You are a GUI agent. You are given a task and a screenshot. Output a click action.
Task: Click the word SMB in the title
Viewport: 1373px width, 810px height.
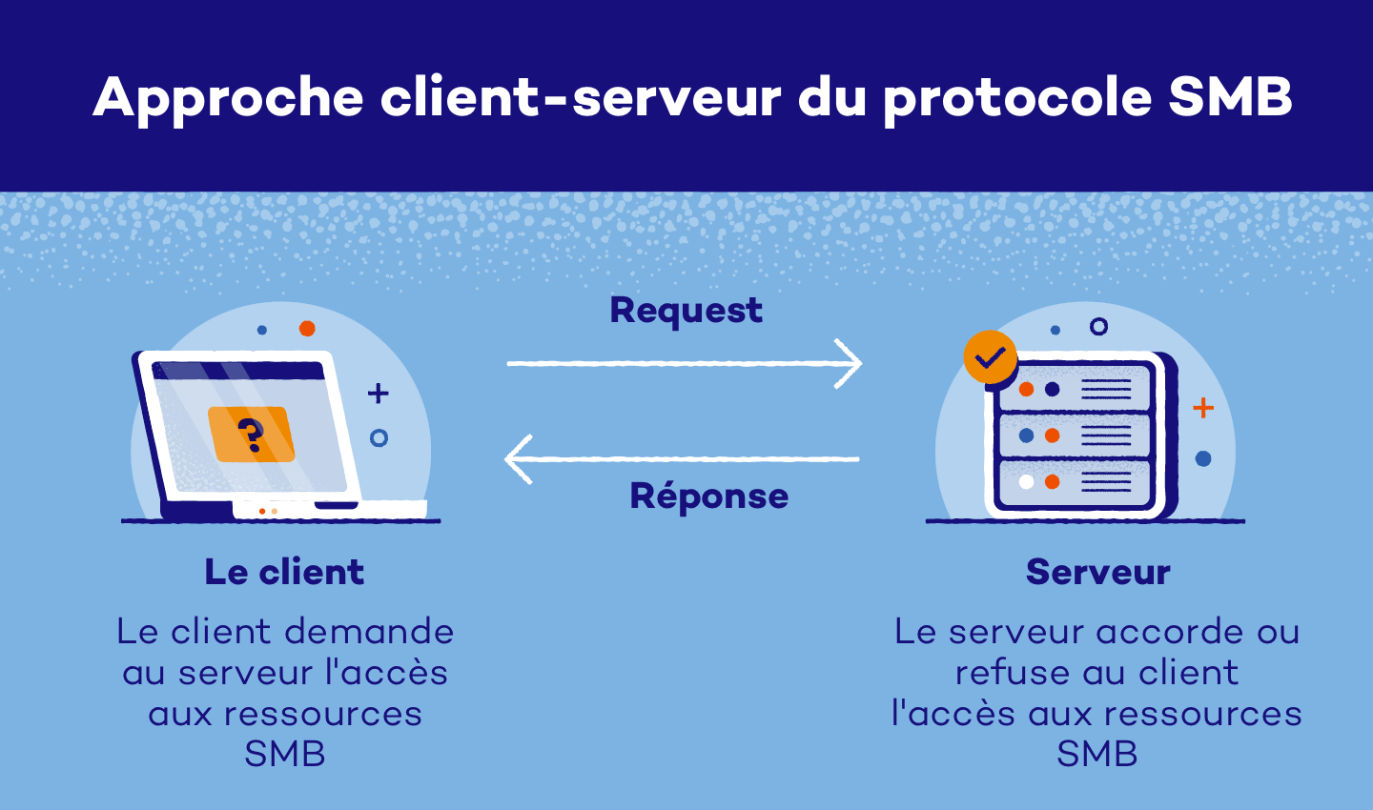tap(1230, 97)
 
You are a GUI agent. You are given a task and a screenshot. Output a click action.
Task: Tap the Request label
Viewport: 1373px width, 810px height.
tap(686, 311)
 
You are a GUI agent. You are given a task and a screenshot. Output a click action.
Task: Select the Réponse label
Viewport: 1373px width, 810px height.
tap(708, 496)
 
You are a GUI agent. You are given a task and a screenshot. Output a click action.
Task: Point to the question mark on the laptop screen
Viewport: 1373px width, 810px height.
tap(251, 435)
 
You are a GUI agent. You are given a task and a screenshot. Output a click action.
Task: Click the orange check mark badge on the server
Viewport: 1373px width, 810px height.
tap(990, 357)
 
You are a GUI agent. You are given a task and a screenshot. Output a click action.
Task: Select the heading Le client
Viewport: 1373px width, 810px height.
tap(284, 572)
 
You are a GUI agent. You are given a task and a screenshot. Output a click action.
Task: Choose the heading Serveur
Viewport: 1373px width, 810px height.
tap(1097, 572)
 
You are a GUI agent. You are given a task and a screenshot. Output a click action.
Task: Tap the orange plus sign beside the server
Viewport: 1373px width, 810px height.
tap(1203, 408)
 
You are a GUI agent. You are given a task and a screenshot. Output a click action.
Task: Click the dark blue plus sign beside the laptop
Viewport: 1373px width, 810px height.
tap(379, 393)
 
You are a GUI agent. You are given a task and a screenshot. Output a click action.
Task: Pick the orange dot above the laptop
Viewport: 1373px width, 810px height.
tap(307, 329)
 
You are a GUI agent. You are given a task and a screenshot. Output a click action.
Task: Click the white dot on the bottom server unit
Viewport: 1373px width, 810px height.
tap(1026, 481)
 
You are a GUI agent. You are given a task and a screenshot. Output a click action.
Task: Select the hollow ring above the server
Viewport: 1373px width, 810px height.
tap(1098, 327)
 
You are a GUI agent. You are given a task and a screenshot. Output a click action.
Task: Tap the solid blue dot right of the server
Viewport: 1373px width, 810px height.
tap(1203, 458)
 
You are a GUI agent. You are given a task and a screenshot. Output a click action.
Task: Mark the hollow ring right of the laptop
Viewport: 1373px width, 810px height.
tap(379, 438)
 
